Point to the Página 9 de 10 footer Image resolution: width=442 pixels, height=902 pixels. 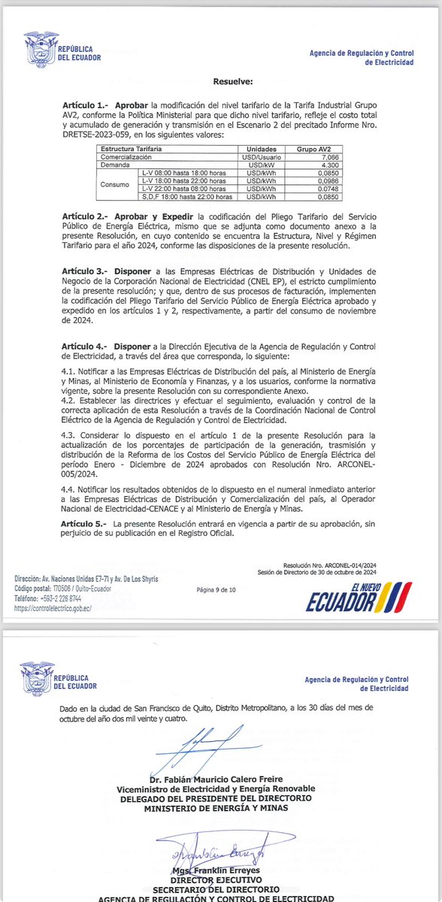point(216,590)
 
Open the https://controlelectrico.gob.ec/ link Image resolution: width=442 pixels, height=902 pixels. point(53,608)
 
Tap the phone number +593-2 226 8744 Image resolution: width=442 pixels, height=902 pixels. point(64,599)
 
